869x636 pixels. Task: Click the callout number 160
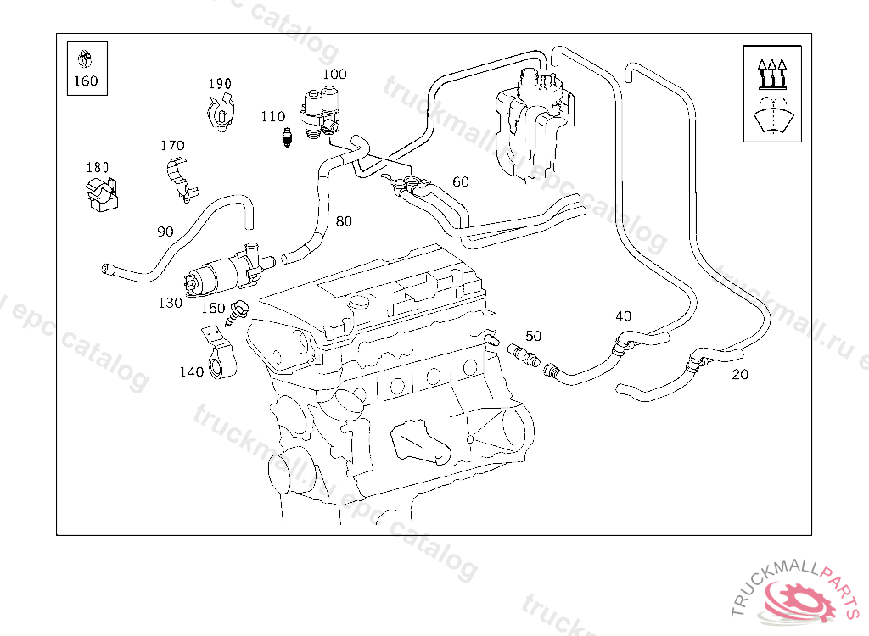click(86, 81)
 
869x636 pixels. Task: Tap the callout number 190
click(220, 84)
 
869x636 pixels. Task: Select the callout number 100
click(334, 74)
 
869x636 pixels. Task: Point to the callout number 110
click(272, 117)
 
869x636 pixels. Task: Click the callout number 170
click(172, 146)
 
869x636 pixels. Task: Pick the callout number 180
click(98, 167)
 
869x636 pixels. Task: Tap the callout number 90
click(165, 231)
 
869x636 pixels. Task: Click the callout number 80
click(344, 221)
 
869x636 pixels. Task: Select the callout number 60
click(461, 181)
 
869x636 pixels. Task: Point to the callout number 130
click(170, 303)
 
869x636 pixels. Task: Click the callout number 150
click(212, 308)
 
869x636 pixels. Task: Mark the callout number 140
click(191, 371)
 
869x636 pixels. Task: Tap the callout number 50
click(533, 336)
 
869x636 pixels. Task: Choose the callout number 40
click(624, 316)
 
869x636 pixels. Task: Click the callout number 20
click(740, 374)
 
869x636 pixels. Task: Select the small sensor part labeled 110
click(287, 137)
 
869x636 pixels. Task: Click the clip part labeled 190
click(222, 114)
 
